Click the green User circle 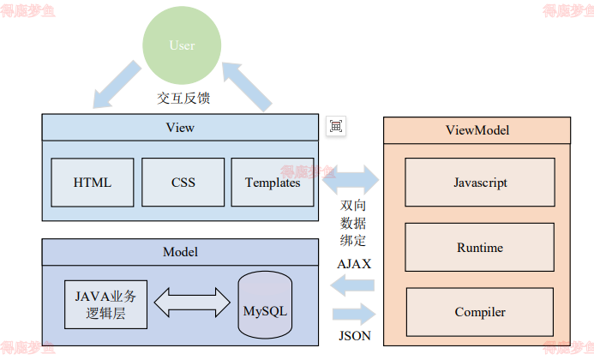click(182, 45)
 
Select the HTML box click(93, 183)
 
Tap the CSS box click(183, 183)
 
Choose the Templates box click(273, 183)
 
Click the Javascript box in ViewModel click(479, 183)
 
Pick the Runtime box click(479, 248)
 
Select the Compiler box click(479, 312)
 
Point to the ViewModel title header click(477, 130)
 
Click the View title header click(180, 128)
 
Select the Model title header click(180, 252)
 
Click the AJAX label click(354, 264)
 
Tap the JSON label click(354, 336)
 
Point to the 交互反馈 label click(183, 99)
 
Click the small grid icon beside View click(335, 127)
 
